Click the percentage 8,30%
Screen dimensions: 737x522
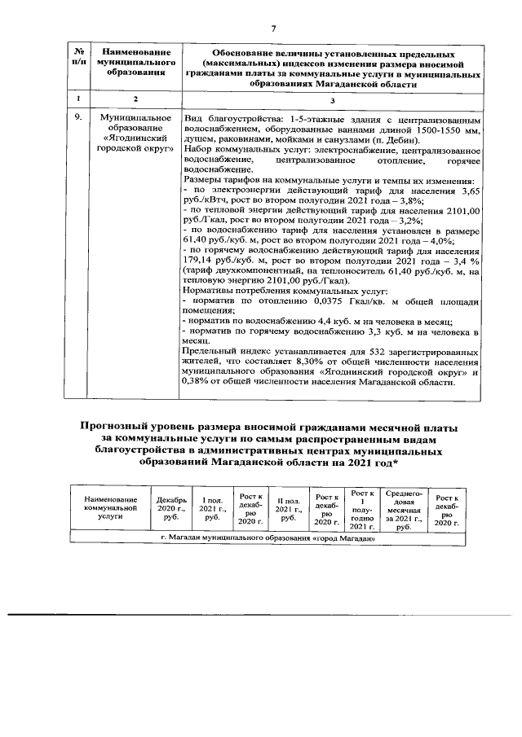coord(321,361)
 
